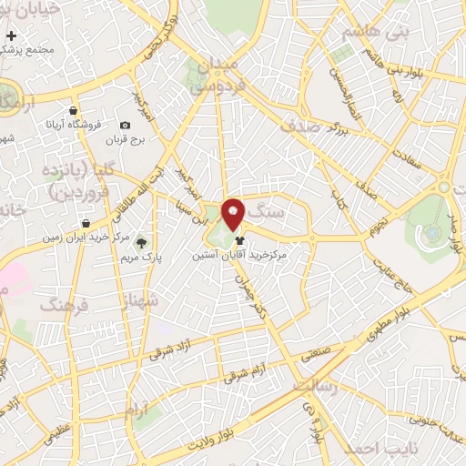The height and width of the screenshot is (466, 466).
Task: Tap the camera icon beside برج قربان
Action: pos(125,125)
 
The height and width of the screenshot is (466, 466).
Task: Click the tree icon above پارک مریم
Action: pos(141,242)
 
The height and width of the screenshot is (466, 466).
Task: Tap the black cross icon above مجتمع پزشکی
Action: pos(11,35)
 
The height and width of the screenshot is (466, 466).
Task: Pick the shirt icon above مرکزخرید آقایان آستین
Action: pos(239,241)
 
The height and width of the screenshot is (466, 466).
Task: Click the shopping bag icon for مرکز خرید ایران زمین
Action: pos(85,222)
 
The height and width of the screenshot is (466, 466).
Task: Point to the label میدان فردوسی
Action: pos(216,77)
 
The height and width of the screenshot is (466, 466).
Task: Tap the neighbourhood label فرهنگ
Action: pos(63,304)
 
